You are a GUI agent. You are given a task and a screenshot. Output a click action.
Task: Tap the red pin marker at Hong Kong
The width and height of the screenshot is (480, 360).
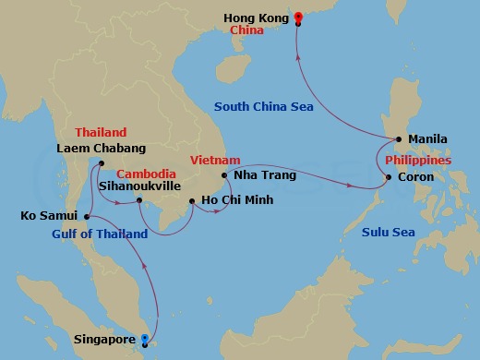click(297, 16)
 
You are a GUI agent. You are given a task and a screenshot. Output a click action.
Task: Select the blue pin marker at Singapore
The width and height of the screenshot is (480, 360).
click(143, 340)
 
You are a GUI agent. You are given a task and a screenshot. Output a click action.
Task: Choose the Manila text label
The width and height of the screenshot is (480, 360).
click(426, 140)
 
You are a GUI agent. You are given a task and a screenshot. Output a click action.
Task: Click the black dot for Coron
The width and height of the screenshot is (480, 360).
click(389, 177)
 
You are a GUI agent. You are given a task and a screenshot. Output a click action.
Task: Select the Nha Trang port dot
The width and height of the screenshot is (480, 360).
click(225, 174)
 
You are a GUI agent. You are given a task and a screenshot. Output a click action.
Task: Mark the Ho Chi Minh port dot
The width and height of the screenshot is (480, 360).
click(191, 201)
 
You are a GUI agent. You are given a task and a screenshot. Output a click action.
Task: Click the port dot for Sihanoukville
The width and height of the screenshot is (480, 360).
click(138, 199)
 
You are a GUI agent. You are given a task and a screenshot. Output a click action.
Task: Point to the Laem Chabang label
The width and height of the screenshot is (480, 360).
click(102, 148)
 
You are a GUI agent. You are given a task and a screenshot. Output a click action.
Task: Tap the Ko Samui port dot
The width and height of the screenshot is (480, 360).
click(87, 218)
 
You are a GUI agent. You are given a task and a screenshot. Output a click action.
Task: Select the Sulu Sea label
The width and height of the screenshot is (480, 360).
click(388, 232)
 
